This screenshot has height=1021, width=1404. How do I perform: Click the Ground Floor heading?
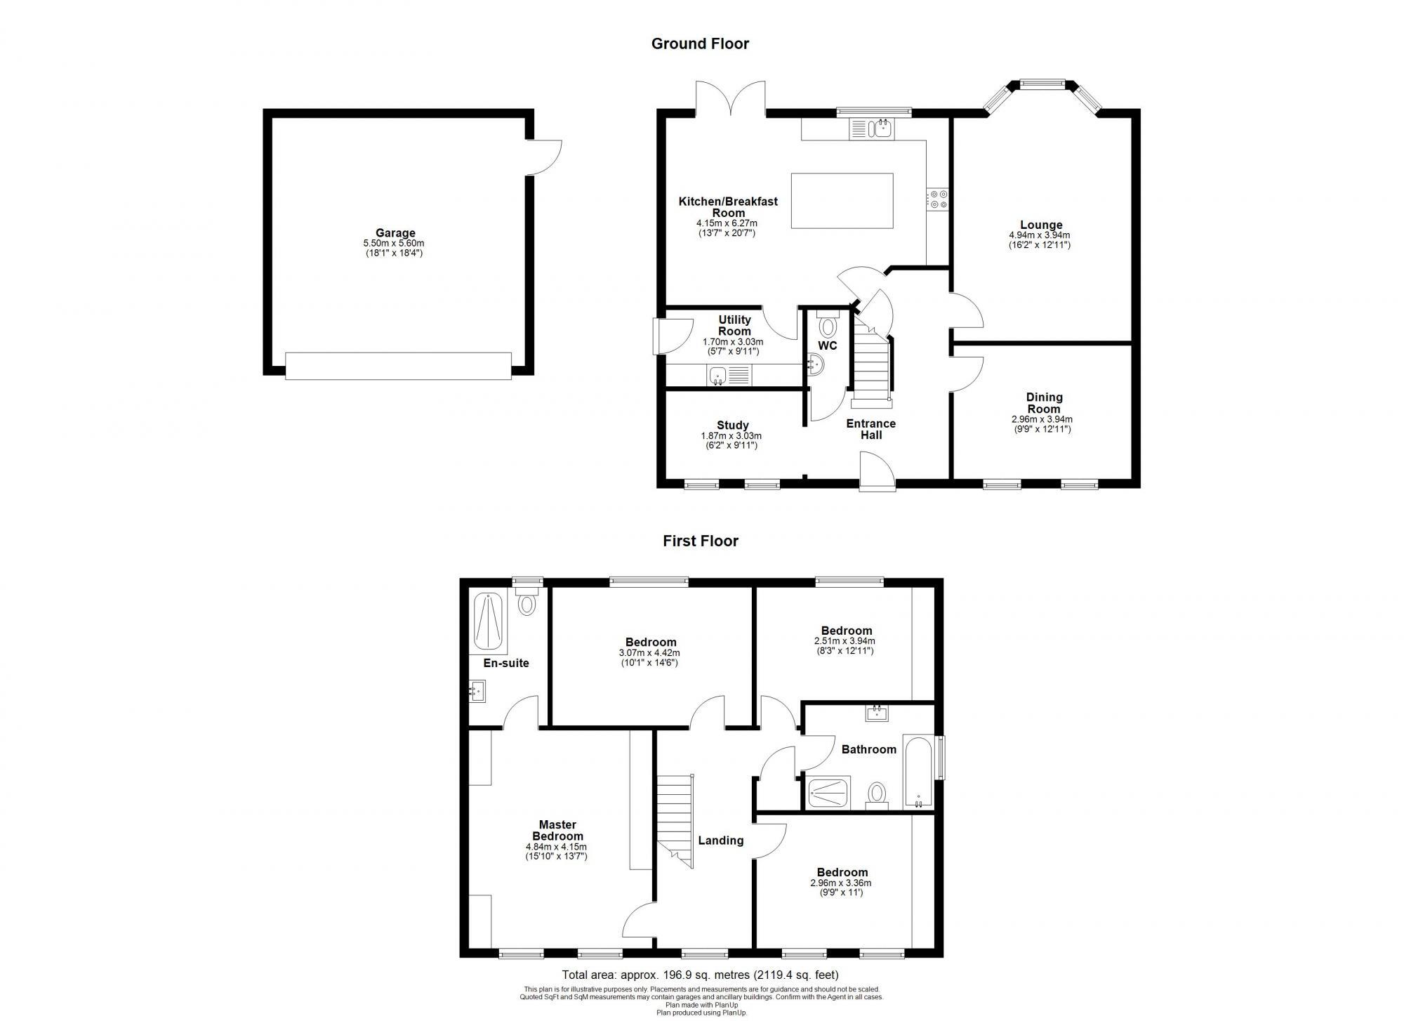[700, 44]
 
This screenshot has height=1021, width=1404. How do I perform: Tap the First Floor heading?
[701, 541]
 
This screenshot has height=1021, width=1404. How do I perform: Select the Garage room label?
[395, 233]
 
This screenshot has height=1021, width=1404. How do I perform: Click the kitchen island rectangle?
[842, 200]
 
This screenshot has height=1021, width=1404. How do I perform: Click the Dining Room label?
[1044, 403]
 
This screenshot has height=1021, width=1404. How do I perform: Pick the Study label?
[732, 425]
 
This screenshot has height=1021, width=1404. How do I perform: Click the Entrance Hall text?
[870, 429]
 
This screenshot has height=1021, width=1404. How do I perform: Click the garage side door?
[545, 157]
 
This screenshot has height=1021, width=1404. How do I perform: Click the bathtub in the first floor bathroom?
[918, 771]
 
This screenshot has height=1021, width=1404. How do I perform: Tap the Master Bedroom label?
[557, 830]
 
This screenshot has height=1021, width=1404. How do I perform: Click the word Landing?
[720, 840]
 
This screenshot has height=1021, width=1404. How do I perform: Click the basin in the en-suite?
[477, 690]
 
